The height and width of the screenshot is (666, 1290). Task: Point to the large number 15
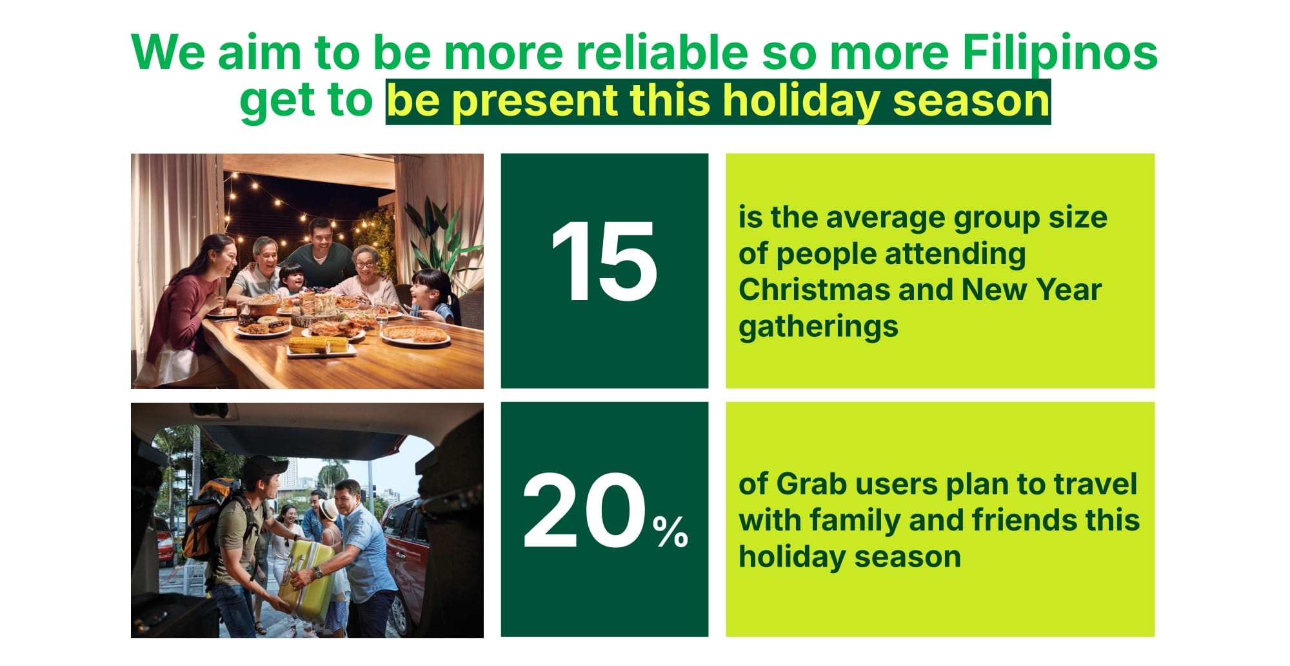click(x=604, y=261)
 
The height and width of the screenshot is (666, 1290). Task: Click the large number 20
click(x=583, y=510)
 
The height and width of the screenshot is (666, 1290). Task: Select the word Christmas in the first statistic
click(x=814, y=289)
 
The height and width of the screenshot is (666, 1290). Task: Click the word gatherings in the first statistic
click(x=819, y=327)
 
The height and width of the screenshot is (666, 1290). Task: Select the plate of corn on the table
click(x=321, y=346)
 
